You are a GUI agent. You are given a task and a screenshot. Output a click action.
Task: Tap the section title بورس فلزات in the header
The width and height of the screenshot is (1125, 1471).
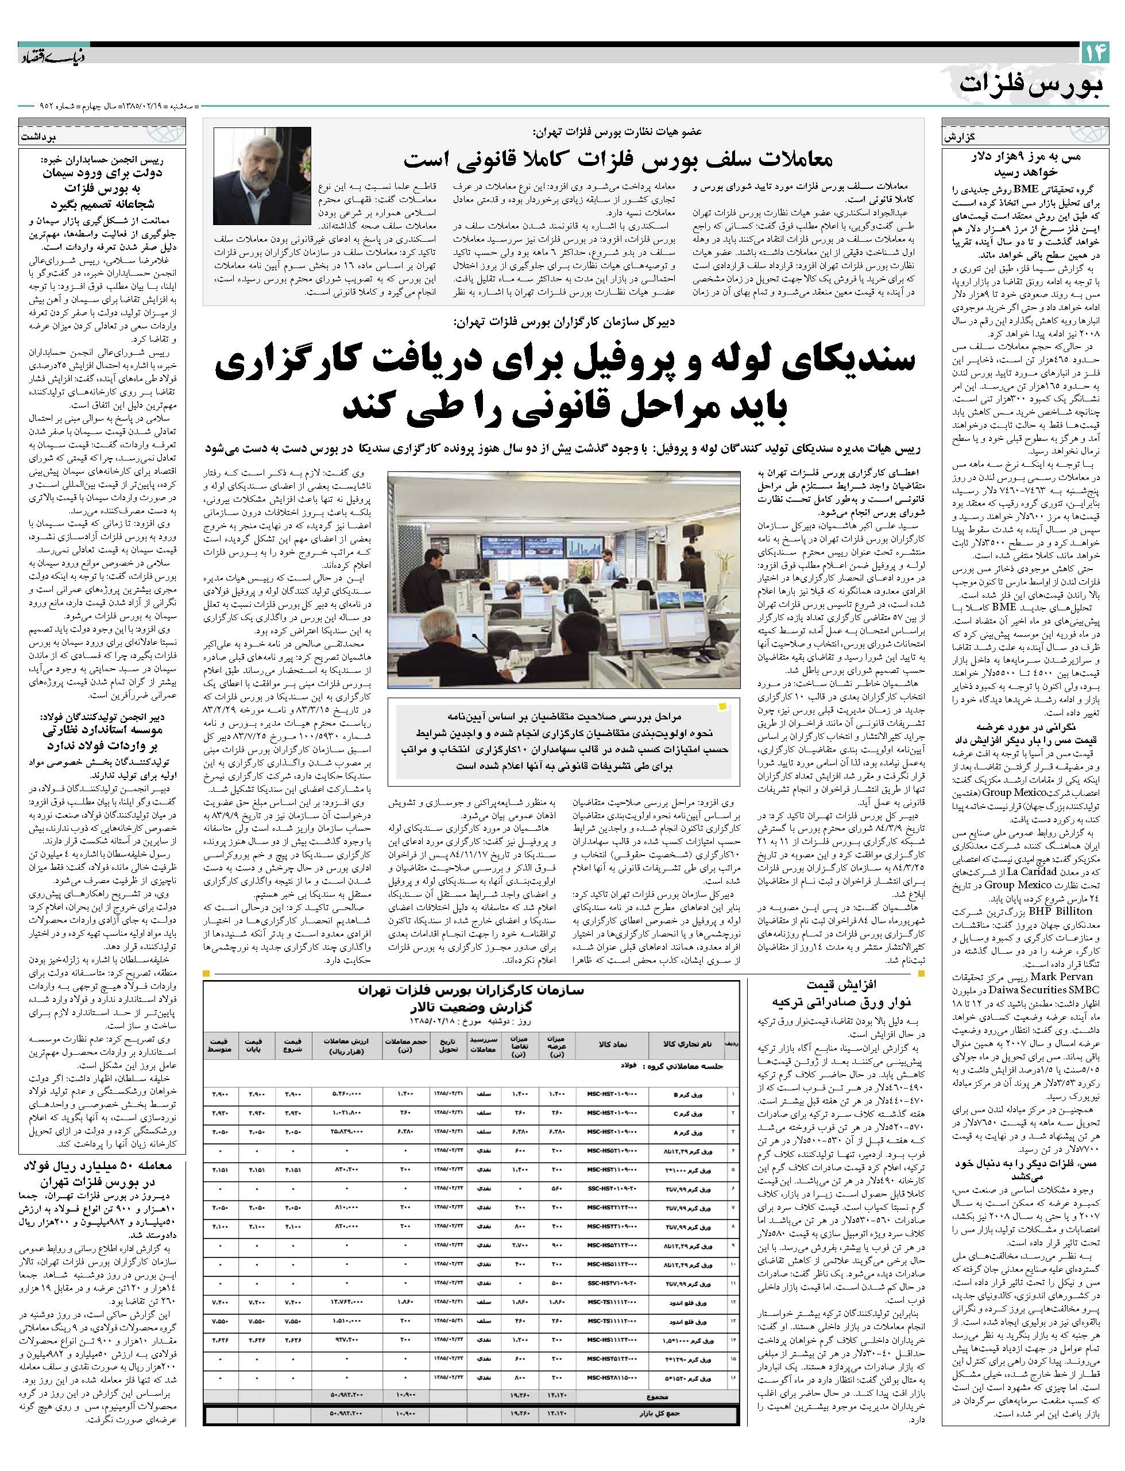pyautogui.click(x=1031, y=84)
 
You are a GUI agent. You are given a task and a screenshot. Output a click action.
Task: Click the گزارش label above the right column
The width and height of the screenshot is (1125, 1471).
pyautogui.click(x=957, y=136)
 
